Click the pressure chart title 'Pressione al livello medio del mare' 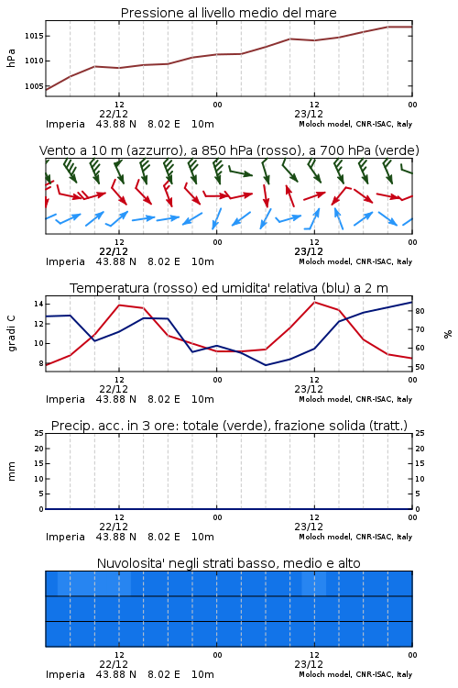228,13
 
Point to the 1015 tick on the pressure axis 34,36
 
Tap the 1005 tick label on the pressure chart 34,86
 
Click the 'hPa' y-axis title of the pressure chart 11,58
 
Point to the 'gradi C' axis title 11,333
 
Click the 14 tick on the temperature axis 38,304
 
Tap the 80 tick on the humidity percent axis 420,311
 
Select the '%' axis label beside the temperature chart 448,334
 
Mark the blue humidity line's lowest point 266,365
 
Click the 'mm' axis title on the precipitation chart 11,472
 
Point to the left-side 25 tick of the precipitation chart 39,433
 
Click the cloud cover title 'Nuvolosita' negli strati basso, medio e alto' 228,563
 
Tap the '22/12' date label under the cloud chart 114,664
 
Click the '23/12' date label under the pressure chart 309,114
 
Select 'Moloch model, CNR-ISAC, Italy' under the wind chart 355,261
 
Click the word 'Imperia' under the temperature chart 65,399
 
